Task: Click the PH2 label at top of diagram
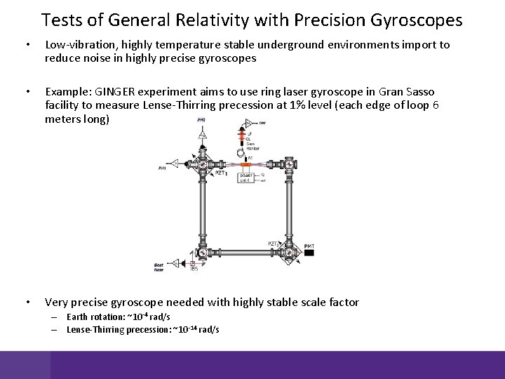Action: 201,120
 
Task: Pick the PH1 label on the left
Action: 162,168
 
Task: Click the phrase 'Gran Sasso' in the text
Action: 407,93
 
